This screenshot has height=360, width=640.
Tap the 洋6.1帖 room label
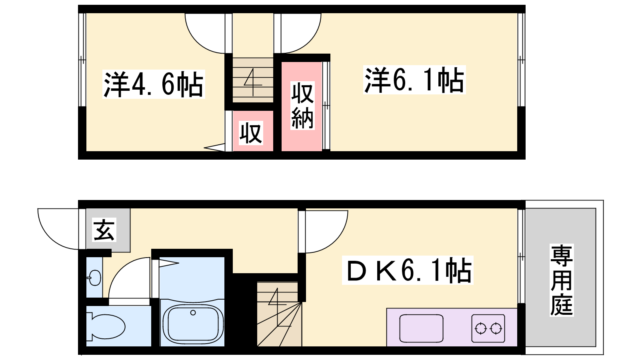(x=414, y=80)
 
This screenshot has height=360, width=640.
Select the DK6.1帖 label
(x=408, y=270)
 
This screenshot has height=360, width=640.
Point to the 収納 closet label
(x=302, y=106)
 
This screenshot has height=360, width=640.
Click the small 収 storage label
(x=251, y=133)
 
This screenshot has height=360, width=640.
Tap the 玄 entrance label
(x=104, y=230)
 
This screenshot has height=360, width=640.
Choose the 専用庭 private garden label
(x=562, y=280)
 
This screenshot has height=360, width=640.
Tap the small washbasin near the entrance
(x=94, y=278)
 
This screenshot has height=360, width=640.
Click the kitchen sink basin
(x=421, y=328)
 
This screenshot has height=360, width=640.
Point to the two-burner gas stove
(x=488, y=328)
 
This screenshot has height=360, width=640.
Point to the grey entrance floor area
(x=120, y=240)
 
